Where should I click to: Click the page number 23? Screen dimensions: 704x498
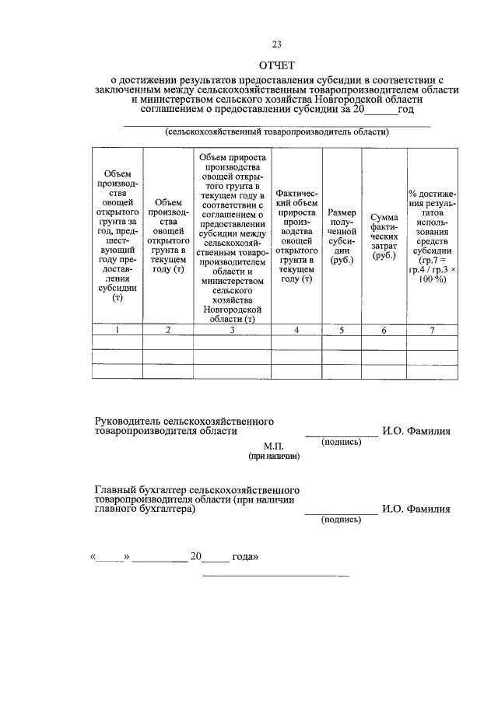click(277, 44)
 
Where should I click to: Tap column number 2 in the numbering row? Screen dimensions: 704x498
click(167, 330)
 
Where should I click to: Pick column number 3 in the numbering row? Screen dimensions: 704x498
click(232, 330)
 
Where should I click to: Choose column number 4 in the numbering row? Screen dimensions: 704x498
click(296, 330)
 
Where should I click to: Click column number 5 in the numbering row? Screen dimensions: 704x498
click(342, 330)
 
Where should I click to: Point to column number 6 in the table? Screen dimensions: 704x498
click(384, 330)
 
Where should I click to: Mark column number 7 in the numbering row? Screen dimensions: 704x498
click(433, 330)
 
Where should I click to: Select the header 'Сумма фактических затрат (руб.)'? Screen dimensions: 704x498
click(384, 236)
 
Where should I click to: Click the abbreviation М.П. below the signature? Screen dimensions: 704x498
click(273, 447)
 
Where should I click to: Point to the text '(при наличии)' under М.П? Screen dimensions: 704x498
click(273, 457)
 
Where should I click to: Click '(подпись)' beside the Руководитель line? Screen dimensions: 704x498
click(341, 442)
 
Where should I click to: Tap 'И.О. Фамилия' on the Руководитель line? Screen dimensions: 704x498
click(416, 431)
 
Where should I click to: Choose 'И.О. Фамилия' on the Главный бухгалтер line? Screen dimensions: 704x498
click(416, 510)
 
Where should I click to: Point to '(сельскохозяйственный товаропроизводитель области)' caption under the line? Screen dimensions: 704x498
click(277, 132)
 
